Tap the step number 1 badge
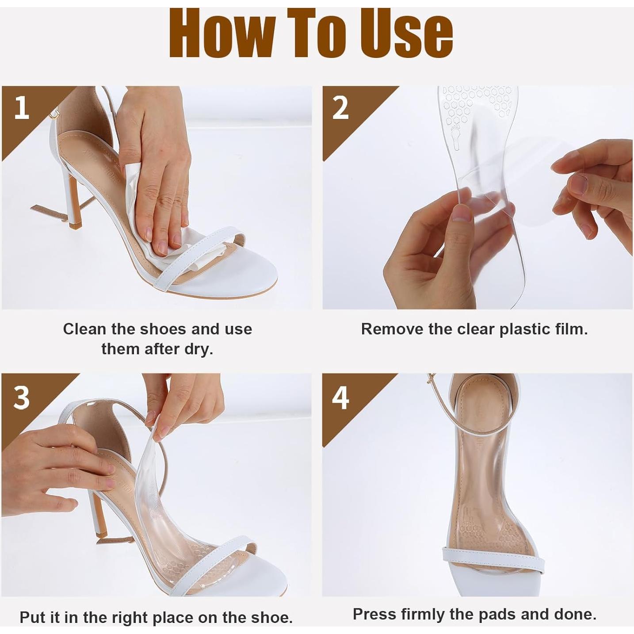pyautogui.click(x=21, y=108)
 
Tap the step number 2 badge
pyautogui.click(x=340, y=108)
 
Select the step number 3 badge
pyautogui.click(x=21, y=397)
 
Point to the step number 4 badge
pyautogui.click(x=340, y=397)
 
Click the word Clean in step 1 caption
pyautogui.click(x=85, y=329)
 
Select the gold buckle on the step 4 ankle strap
pyautogui.click(x=431, y=378)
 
